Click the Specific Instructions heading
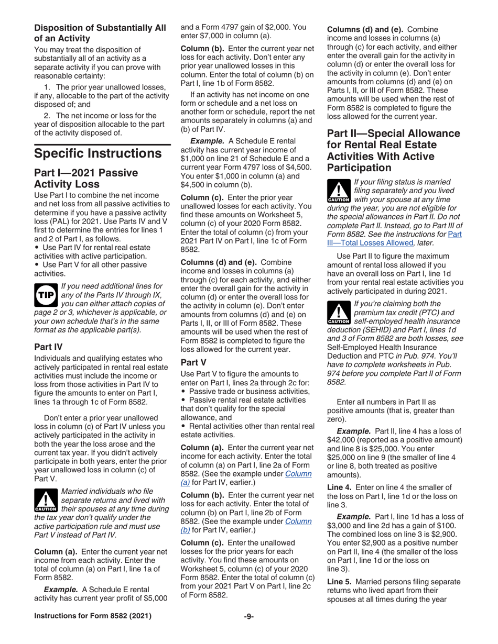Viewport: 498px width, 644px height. tap(98, 154)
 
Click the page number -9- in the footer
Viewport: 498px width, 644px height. tap(248, 631)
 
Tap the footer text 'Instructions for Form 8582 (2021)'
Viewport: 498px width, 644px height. tap(93, 631)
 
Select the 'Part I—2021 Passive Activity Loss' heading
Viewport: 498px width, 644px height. tap(85, 180)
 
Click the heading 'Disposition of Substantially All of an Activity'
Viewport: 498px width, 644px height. tap(100, 32)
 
